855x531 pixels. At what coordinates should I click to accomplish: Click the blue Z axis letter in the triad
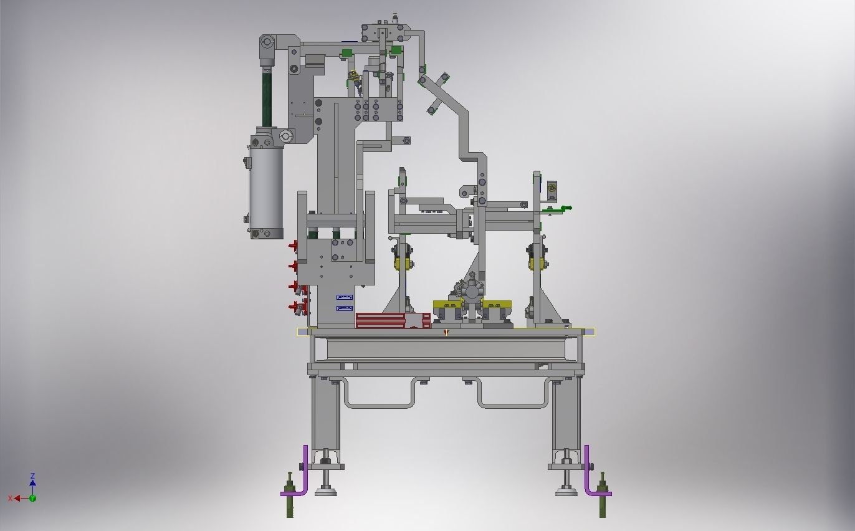[32, 476]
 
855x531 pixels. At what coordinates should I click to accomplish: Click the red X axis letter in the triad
[11, 499]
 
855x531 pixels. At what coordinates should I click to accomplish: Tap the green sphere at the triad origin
[32, 498]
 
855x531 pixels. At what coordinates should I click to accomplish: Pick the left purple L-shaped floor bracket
[298, 477]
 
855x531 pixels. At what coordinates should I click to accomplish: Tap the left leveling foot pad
[325, 492]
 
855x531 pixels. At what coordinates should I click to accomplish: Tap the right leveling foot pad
[566, 492]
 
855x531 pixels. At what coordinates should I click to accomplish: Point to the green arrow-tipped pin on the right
[566, 208]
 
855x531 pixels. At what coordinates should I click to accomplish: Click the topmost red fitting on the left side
[293, 246]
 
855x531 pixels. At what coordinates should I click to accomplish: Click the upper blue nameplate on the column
[345, 298]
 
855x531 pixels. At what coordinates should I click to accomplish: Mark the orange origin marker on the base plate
[446, 333]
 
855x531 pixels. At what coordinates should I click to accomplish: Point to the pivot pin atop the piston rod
[267, 42]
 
